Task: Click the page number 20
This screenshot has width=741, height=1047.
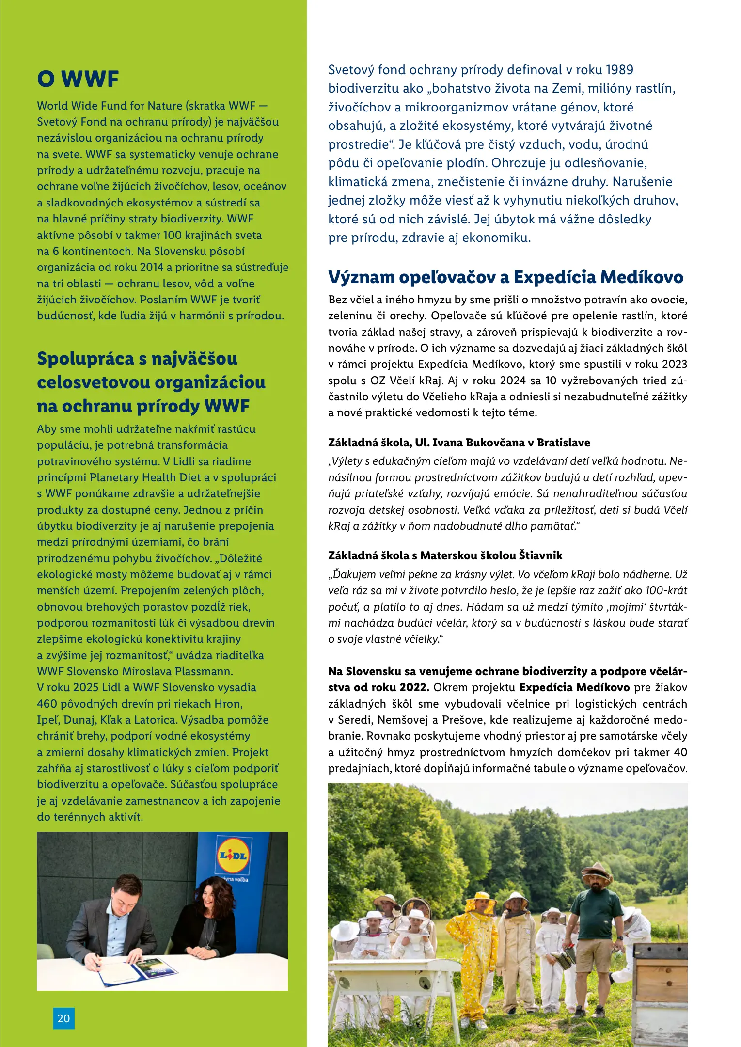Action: pyautogui.click(x=63, y=1018)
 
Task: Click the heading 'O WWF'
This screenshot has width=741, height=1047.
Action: pyautogui.click(x=78, y=79)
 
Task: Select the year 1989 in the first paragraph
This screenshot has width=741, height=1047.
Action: pyautogui.click(x=619, y=70)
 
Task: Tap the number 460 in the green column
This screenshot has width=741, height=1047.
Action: pyautogui.click(x=47, y=704)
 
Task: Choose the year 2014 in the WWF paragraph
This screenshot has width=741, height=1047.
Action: pyautogui.click(x=152, y=267)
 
